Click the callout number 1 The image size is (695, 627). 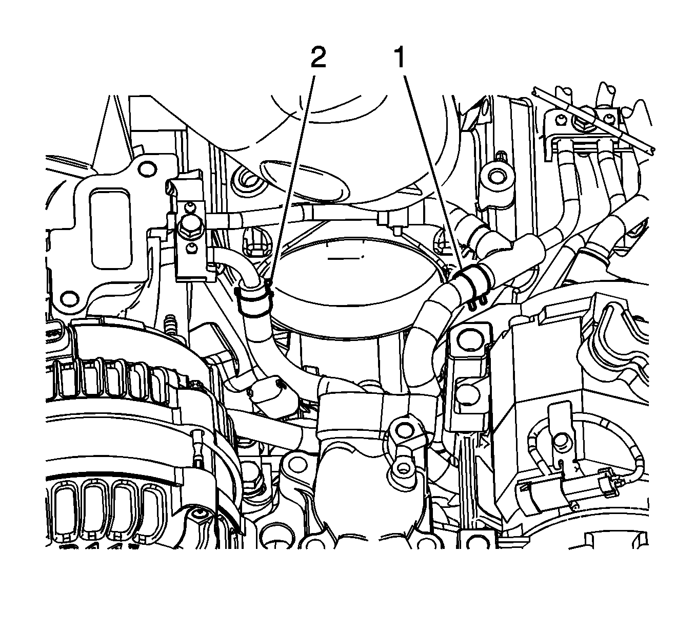400,58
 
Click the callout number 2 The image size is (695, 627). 318,58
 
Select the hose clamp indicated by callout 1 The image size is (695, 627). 471,281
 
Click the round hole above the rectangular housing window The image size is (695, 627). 146,167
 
